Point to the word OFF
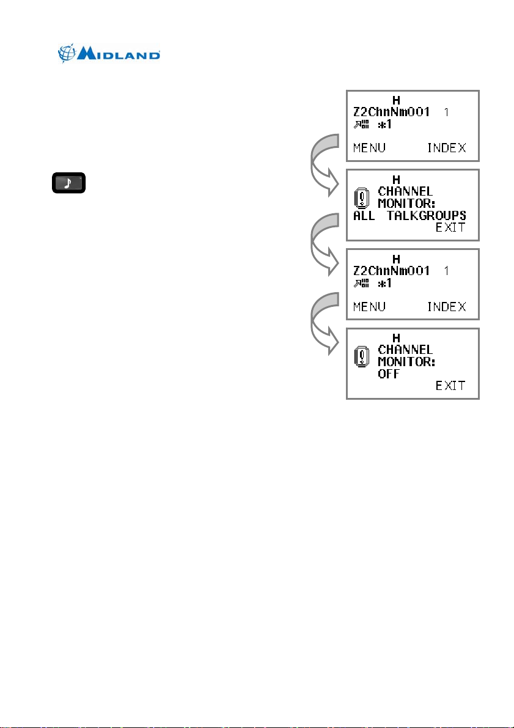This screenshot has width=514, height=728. point(388,374)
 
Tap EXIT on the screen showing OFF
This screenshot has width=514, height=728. point(450,386)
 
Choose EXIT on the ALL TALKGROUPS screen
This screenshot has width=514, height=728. point(450,228)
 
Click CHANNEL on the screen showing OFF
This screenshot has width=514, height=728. point(405,350)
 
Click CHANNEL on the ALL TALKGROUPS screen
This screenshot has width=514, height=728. point(405,191)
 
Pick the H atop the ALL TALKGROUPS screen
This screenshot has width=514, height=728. point(396,180)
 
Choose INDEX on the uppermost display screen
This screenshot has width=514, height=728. point(446,148)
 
